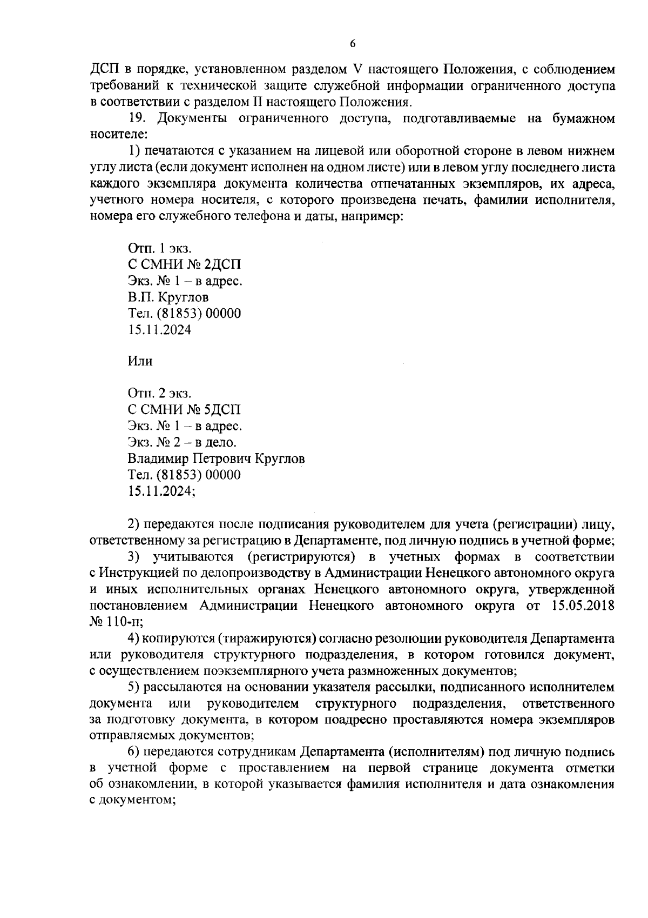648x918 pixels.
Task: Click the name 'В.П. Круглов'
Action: click(x=168, y=297)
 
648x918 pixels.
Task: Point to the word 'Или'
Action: click(x=140, y=361)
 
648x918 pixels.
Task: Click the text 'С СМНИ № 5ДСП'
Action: click(x=185, y=410)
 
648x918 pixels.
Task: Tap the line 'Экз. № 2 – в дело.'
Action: click(x=182, y=442)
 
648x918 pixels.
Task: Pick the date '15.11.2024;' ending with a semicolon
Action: click(x=161, y=491)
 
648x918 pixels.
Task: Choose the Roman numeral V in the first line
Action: click(x=356, y=70)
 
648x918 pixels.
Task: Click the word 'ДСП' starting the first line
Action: click(x=103, y=70)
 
